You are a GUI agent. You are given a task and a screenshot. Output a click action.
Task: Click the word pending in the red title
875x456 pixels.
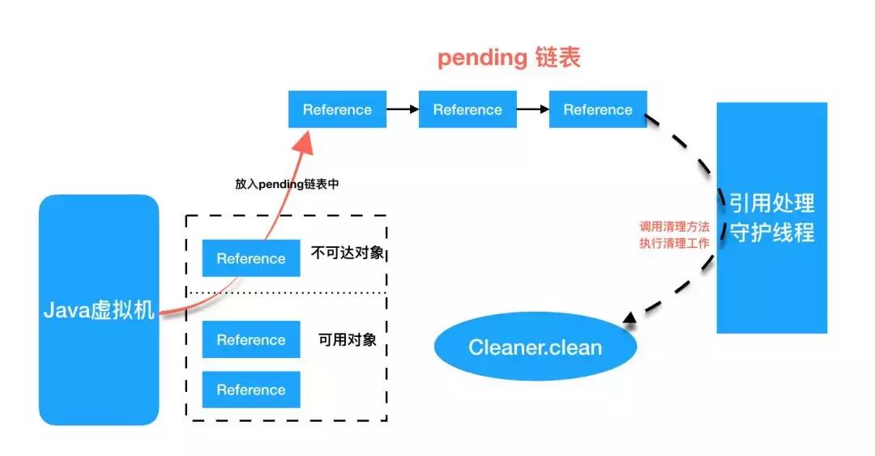coord(482,58)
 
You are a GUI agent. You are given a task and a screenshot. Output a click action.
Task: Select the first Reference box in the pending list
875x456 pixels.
coord(337,109)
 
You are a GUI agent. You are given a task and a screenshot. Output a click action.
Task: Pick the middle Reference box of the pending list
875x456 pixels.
coord(467,109)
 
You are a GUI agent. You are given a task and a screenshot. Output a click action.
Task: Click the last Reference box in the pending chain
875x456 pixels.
coord(598,109)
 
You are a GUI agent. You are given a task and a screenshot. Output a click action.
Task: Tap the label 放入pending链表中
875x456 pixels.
coord(287,184)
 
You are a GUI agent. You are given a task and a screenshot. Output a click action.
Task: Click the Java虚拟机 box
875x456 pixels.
coord(99,309)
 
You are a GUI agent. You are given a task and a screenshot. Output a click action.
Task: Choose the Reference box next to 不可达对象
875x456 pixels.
coord(251,258)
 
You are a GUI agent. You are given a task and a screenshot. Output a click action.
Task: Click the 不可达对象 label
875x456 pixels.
coord(348,253)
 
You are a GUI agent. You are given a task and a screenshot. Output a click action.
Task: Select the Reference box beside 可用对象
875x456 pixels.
coord(251,340)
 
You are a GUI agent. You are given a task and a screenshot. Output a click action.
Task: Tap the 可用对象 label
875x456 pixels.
coord(348,339)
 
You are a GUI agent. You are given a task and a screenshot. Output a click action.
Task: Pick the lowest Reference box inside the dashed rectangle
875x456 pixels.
coord(251,390)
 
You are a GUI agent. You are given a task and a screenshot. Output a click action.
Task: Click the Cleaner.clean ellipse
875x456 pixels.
coord(535,347)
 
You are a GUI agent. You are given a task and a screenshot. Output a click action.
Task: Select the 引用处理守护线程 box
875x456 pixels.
coord(772,217)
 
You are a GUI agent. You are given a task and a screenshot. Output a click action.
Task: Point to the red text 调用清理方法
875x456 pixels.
coord(674,227)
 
